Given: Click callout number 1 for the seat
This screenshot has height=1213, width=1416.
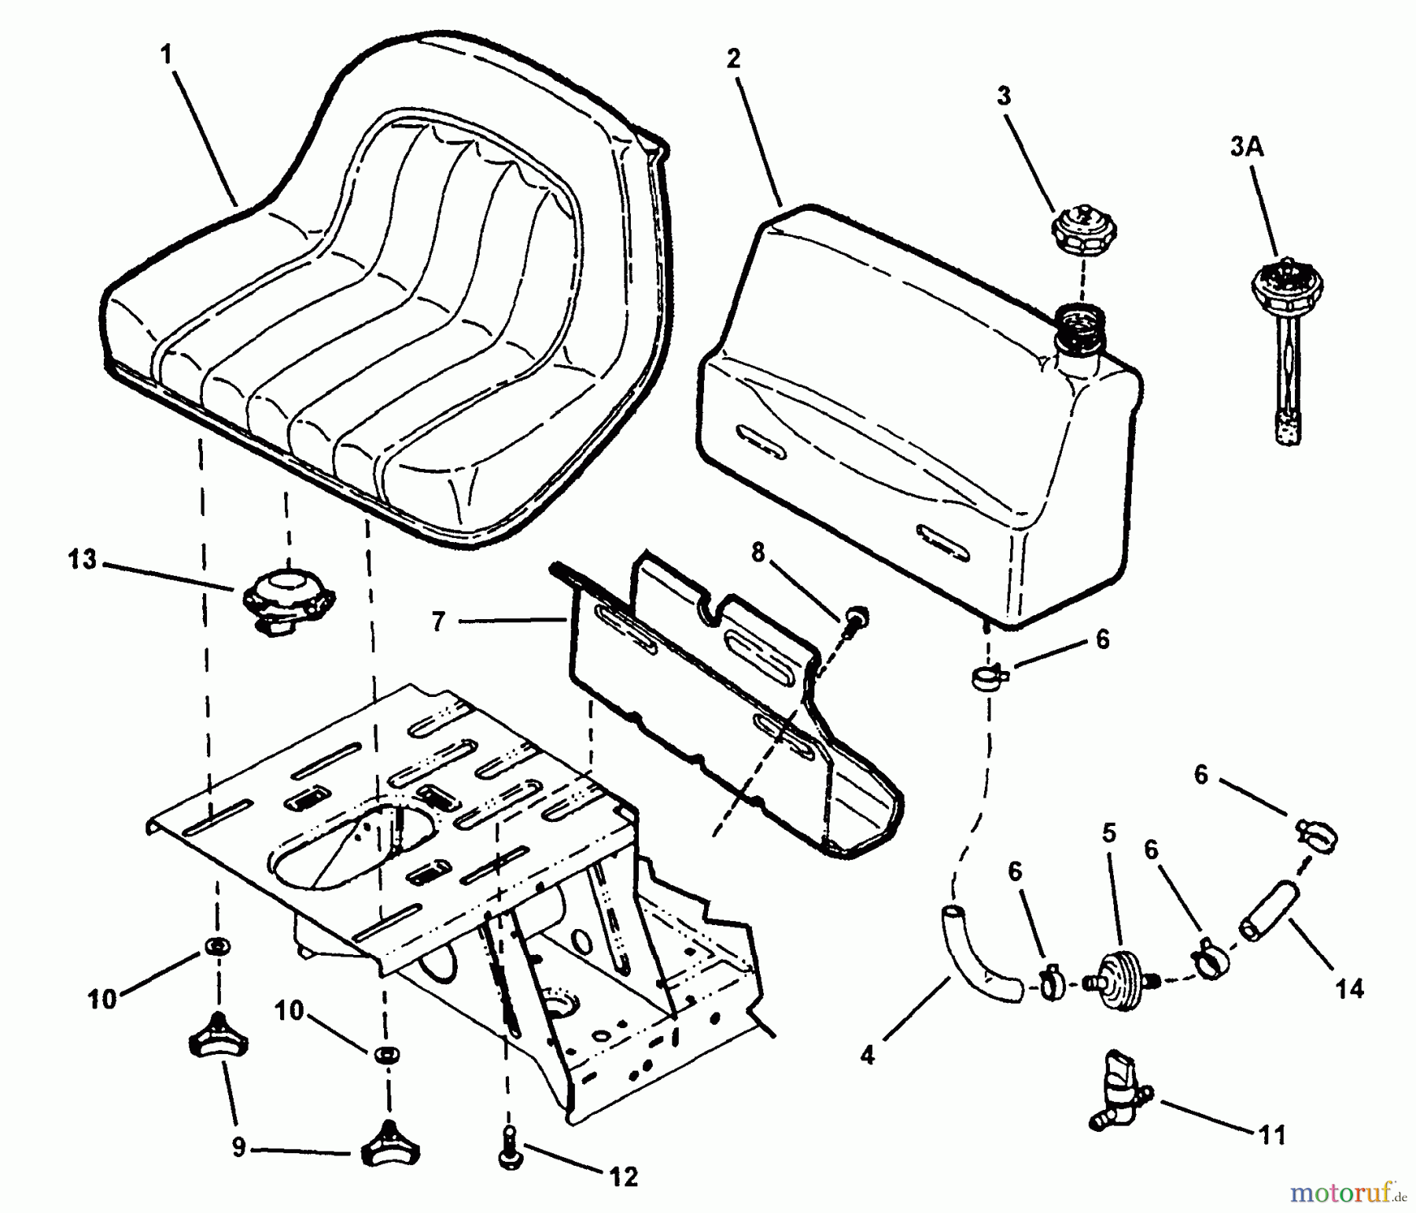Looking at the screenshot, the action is tap(166, 55).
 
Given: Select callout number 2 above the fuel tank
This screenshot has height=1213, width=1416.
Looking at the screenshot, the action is tap(734, 59).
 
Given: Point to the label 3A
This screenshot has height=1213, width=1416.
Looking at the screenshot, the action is tap(1247, 148).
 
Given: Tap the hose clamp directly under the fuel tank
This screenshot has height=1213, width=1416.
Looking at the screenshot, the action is tap(990, 675).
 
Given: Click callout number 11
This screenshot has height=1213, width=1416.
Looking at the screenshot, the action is tap(1272, 1134).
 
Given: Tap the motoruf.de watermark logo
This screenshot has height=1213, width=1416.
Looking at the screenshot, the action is tap(1348, 1194).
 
